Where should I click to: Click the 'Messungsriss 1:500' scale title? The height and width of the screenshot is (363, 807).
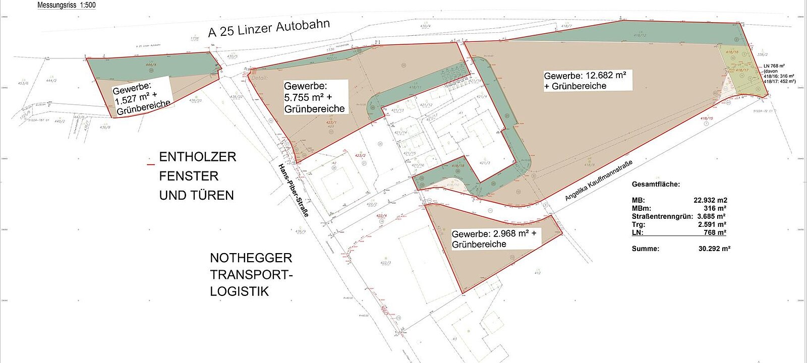click(x=66, y=5)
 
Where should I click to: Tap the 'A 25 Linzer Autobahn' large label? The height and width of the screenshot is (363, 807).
click(x=269, y=28)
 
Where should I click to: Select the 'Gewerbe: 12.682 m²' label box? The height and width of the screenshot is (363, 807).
click(x=587, y=81)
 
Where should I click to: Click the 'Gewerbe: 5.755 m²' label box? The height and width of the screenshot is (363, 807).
click(x=314, y=97)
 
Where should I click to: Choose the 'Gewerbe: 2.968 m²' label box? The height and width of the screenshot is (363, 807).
click(x=494, y=239)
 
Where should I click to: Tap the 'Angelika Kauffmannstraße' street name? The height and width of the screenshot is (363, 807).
click(x=598, y=180)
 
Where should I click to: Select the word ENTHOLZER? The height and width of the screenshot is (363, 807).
click(x=197, y=157)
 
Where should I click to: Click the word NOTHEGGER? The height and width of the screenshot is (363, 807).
click(x=251, y=258)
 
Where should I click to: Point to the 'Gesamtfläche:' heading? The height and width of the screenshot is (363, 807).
click(x=656, y=185)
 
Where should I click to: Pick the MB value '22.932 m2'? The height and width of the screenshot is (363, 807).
click(x=710, y=200)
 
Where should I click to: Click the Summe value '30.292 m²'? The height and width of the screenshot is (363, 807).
click(x=714, y=249)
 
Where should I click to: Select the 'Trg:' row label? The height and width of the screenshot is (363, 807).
click(x=638, y=224)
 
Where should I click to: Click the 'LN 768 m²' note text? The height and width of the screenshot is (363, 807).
click(x=774, y=66)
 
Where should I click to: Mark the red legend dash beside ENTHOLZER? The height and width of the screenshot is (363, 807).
click(x=150, y=164)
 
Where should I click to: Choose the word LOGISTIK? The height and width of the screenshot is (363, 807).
click(x=239, y=291)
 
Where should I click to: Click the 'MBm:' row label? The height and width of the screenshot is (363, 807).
click(x=641, y=208)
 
